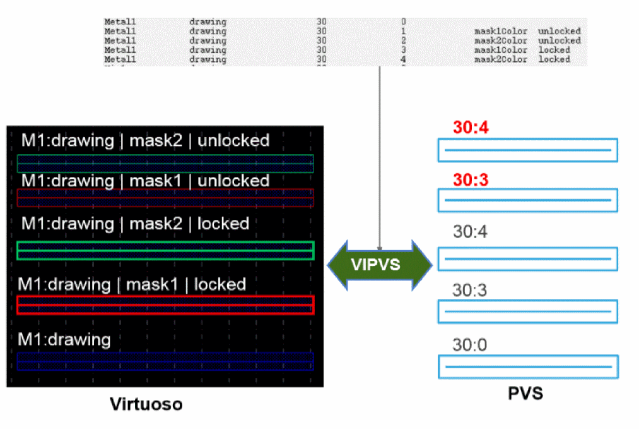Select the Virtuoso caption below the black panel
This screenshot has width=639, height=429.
point(146,404)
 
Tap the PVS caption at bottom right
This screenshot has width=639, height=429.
point(525,394)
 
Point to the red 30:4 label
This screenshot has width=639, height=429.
point(471,128)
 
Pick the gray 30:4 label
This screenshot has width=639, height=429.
point(470,232)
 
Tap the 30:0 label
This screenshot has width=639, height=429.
point(470,345)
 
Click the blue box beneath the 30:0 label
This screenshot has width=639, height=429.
point(528,366)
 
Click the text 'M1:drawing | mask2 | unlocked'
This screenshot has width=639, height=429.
point(145,140)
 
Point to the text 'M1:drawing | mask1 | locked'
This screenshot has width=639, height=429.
point(132,284)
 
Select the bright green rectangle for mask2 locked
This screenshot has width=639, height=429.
point(165,250)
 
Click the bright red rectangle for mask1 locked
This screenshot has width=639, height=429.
point(165,305)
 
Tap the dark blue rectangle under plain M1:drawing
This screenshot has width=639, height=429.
point(165,361)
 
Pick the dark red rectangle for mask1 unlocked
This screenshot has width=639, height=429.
point(165,198)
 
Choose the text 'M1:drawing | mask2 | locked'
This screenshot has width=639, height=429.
point(135,223)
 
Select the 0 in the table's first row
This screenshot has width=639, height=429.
point(403,21)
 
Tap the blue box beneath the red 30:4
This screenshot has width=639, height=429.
point(528,150)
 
